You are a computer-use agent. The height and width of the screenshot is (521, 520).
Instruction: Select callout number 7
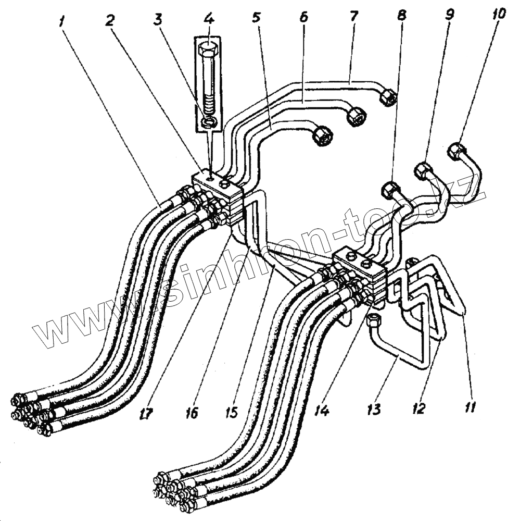pyautogui.click(x=354, y=15)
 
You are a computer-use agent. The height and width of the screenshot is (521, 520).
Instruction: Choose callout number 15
pyautogui.click(x=231, y=412)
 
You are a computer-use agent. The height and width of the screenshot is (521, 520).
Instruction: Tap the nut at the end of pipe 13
pyautogui.click(x=373, y=320)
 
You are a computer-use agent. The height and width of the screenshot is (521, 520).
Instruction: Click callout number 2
pyautogui.click(x=109, y=20)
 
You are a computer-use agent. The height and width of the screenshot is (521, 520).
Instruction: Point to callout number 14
pyautogui.click(x=322, y=411)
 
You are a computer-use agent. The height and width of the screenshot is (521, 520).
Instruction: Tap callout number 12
pyautogui.click(x=420, y=407)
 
